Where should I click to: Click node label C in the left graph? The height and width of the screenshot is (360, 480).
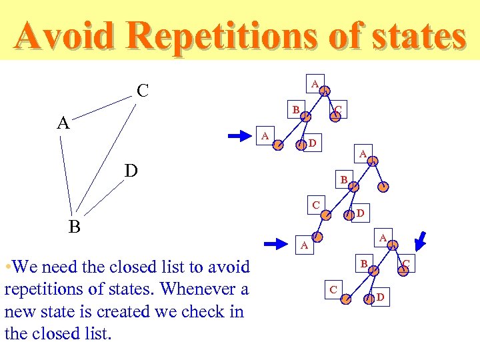pos(142,90)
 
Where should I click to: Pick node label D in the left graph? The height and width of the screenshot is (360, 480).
pos(131,172)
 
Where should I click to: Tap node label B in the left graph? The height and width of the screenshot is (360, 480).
pos(75,227)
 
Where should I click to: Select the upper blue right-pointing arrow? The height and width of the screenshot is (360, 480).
pos(239,137)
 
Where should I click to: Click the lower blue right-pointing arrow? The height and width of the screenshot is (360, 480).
pos(275,243)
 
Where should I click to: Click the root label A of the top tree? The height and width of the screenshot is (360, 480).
pos(315,83)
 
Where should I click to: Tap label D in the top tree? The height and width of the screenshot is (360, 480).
pos(313,143)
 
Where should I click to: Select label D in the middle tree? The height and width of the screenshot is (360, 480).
pos(359,213)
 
